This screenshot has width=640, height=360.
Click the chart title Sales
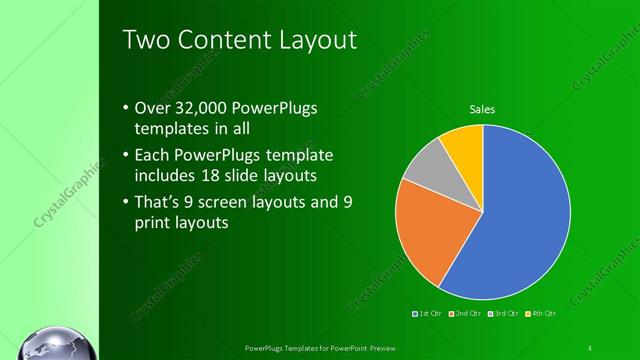pyautogui.click(x=483, y=109)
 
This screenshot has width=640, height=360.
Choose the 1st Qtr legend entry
pyautogui.click(x=429, y=314)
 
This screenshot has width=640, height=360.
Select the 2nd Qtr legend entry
pyautogui.click(x=467, y=314)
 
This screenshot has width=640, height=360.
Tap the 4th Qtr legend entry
pyautogui.click(x=542, y=314)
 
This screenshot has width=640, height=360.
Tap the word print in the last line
pyautogui.click(x=153, y=223)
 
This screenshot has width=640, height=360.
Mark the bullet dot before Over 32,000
pyautogui.click(x=125, y=108)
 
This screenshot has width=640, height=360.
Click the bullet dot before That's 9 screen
pyautogui.click(x=125, y=202)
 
